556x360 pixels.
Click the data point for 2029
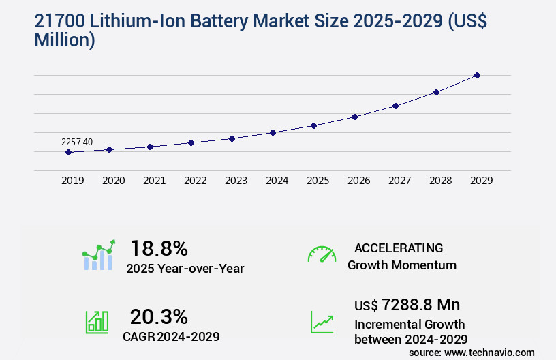[x=477, y=75]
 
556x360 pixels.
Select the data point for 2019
[x=68, y=152]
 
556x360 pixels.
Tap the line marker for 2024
[x=273, y=132]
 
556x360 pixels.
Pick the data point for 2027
[x=395, y=106]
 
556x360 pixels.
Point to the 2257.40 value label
[x=77, y=142]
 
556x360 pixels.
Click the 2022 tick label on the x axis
[x=195, y=181]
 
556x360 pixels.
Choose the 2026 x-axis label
[x=358, y=181]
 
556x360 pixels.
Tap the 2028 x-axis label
[x=440, y=181]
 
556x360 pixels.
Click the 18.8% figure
[x=159, y=248]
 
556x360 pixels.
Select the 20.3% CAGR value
[x=159, y=316]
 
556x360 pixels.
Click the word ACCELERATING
[x=399, y=247]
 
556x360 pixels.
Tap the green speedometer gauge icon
[x=322, y=254]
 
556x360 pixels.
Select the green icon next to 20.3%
[x=97, y=322]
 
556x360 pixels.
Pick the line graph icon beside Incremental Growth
[x=322, y=322]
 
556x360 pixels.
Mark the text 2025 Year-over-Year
[x=185, y=269]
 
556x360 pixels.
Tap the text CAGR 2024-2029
[x=171, y=337]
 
